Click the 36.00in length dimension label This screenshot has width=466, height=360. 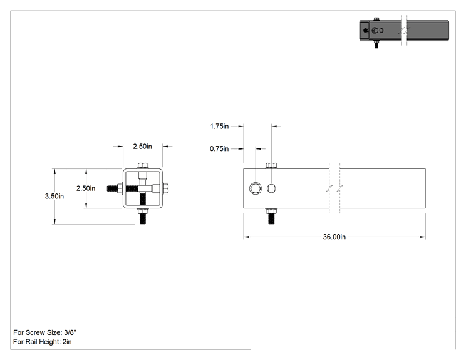pos(334,237)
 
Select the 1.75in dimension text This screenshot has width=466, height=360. pos(219,126)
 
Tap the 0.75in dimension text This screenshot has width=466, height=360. pos(219,148)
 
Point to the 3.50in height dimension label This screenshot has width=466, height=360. pos(54,196)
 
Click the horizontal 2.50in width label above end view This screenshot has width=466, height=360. pos(142,146)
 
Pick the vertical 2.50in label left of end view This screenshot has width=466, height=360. pos(86,188)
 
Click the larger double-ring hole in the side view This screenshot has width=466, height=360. pos(256,188)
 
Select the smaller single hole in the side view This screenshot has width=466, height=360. pos(271,188)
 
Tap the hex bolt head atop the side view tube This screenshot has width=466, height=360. pos(271,165)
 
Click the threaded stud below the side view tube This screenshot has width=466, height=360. pos(271,216)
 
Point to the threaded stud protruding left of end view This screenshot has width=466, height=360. pos(115,188)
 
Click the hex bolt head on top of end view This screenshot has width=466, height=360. pos(143,165)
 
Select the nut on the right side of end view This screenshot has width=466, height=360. pos(166,188)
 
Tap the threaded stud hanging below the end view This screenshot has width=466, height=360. pos(143,216)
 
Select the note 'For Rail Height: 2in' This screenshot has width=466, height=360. pos(43,342)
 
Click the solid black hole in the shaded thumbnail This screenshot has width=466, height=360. pos(366,30)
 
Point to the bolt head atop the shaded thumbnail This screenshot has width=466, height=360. pos(376,19)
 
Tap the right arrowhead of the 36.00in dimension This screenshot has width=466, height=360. pos(423,237)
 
